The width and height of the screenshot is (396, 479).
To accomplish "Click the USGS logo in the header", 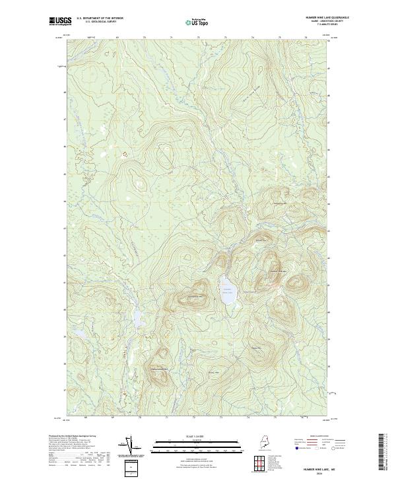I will click(x=61, y=21).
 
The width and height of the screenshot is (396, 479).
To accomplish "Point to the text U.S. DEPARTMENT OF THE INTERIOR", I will click(x=100, y=18).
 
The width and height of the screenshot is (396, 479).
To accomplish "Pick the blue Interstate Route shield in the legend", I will click(x=292, y=449).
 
